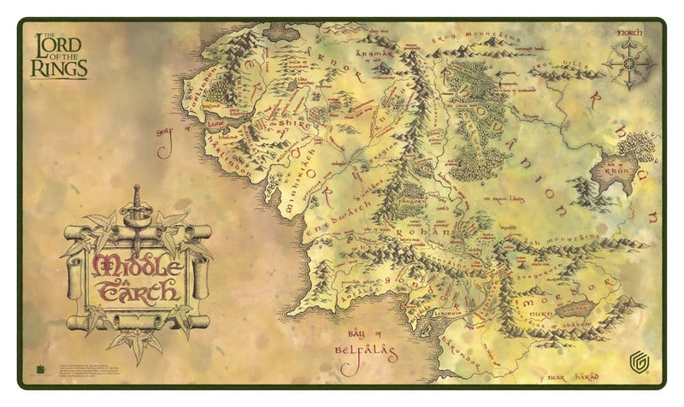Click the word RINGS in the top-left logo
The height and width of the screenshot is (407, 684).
coord(58,67)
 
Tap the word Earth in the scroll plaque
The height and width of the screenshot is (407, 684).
coord(137,291)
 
